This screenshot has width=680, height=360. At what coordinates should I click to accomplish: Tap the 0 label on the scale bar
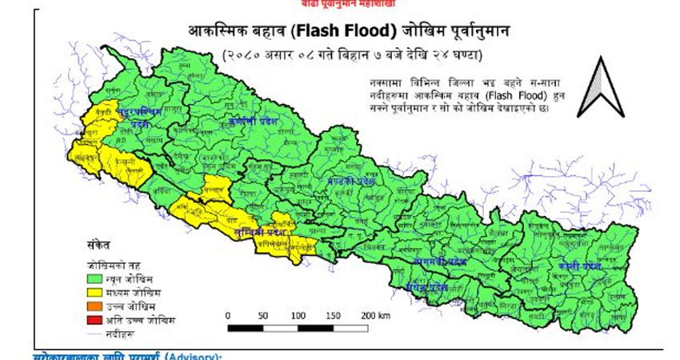228,315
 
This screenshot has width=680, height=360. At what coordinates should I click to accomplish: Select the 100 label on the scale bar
298,315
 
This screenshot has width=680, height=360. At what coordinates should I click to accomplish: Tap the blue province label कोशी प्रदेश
580,264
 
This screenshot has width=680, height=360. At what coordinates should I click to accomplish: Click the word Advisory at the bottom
192,355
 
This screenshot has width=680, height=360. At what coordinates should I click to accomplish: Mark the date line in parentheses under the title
351,54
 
